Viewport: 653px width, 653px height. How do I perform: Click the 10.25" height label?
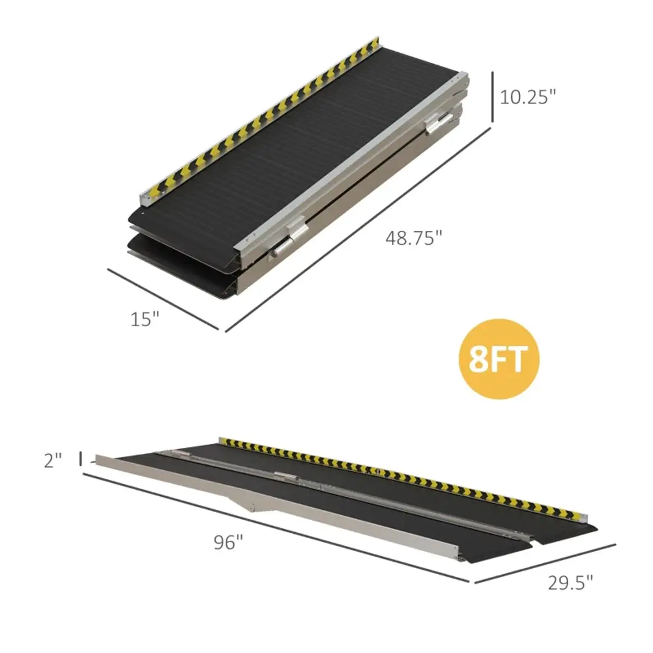click(x=528, y=97)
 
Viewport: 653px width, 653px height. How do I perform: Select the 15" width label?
click(x=145, y=318)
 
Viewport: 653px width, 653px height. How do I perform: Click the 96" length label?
click(x=228, y=542)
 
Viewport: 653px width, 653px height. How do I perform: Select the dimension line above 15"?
click(x=163, y=299)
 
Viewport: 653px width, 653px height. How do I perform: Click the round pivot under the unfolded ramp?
click(x=251, y=509)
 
